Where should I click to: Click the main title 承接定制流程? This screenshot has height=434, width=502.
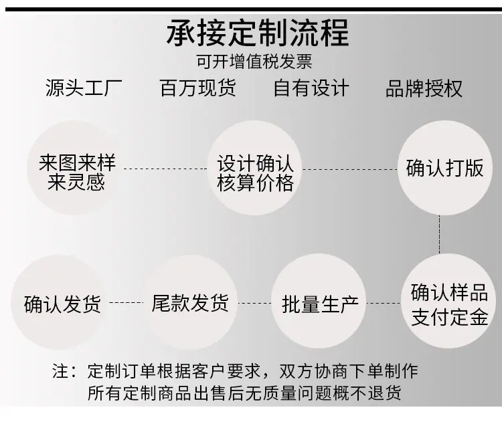click(258, 33)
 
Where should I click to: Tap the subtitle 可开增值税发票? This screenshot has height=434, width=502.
click(254, 62)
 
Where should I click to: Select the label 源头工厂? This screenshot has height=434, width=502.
click(84, 88)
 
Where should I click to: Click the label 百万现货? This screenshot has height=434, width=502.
click(198, 88)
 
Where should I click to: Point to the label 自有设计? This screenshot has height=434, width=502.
click(311, 88)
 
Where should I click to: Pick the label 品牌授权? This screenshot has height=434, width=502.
click(424, 88)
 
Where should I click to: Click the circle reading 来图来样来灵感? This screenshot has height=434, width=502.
click(74, 168)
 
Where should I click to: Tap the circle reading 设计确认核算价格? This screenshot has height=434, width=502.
click(255, 168)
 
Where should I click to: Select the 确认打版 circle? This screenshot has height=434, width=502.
click(445, 168)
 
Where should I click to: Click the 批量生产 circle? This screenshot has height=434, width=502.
click(319, 302)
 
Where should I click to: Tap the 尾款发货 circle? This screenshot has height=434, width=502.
click(190, 302)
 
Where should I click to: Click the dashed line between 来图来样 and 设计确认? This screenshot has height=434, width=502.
click(165, 169)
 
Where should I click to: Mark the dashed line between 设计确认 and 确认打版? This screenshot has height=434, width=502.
click(350, 169)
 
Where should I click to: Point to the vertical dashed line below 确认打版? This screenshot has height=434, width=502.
click(440, 235)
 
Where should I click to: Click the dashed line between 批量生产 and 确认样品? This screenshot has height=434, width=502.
click(384, 303)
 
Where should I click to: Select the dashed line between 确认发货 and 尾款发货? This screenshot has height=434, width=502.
click(126, 302)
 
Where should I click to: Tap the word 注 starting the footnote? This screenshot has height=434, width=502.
click(60, 371)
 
